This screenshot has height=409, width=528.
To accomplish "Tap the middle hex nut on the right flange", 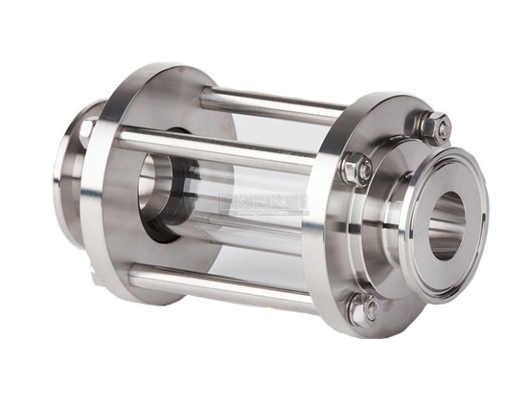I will point(356,168).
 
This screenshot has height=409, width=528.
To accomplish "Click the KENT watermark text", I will point(264,202).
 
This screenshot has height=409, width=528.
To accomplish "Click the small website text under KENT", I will point(264,214).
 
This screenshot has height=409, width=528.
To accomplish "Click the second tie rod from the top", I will point(219,147).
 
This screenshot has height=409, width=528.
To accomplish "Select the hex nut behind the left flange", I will point(89,130).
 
